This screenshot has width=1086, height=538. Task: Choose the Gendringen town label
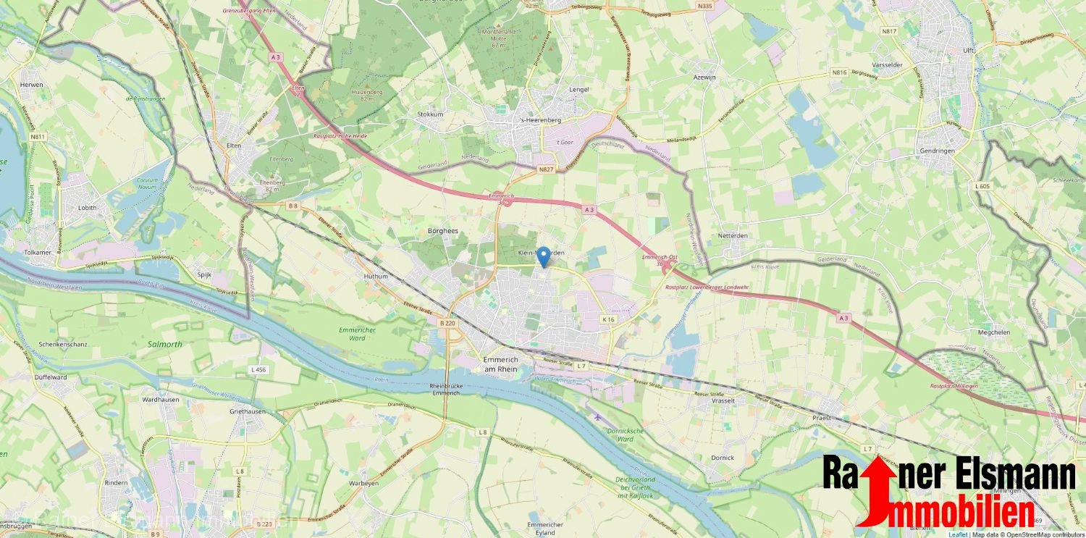935,151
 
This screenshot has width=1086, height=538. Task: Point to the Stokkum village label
430,114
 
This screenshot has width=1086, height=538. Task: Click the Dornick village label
722,458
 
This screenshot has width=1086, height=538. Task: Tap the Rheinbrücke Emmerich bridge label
445,389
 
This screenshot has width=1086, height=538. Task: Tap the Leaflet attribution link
957,534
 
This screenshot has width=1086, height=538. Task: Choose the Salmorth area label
166,345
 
